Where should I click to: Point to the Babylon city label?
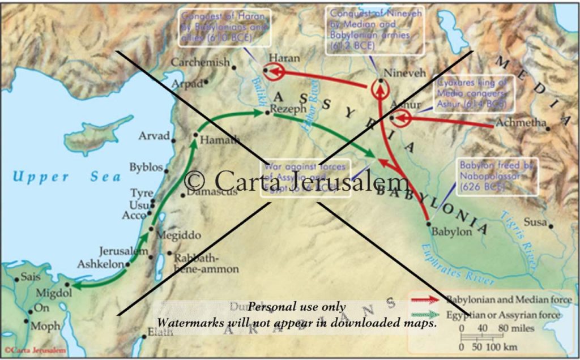pyautogui.click(x=451, y=232)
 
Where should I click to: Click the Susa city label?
pyautogui.click(x=535, y=222)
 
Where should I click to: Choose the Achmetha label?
pyautogui.click(x=521, y=123)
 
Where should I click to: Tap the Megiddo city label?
pyautogui.click(x=178, y=234)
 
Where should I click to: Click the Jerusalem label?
pyautogui.click(x=123, y=251)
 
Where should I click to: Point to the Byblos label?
pyautogui.click(x=146, y=168)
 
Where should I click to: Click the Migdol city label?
pyautogui.click(x=54, y=293)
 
